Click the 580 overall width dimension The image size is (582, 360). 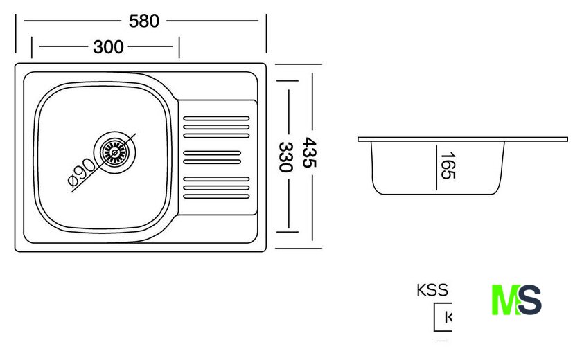tap(144, 21)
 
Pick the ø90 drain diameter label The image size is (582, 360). tap(81, 172)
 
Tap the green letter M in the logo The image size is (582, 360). tap(504, 300)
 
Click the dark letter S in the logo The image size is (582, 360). tap(529, 300)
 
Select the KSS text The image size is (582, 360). tap(432, 291)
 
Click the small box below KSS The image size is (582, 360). tap(442, 318)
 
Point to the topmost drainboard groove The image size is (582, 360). tap(215, 118)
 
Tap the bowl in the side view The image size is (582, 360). tap(436, 169)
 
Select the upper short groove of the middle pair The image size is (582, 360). tap(212, 152)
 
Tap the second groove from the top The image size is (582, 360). tap(215, 127)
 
